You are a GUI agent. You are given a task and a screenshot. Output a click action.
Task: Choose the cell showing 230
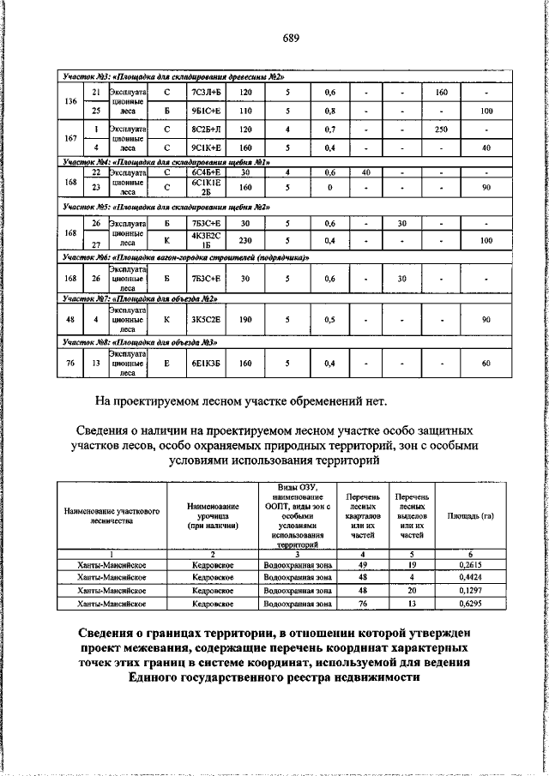pyautogui.click(x=245, y=240)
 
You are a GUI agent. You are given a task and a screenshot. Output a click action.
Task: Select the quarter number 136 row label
pyautogui.click(x=71, y=101)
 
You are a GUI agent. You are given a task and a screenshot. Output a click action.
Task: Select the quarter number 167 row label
pyautogui.click(x=71, y=138)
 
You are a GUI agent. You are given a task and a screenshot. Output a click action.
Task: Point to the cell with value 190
pyautogui.click(x=245, y=319)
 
